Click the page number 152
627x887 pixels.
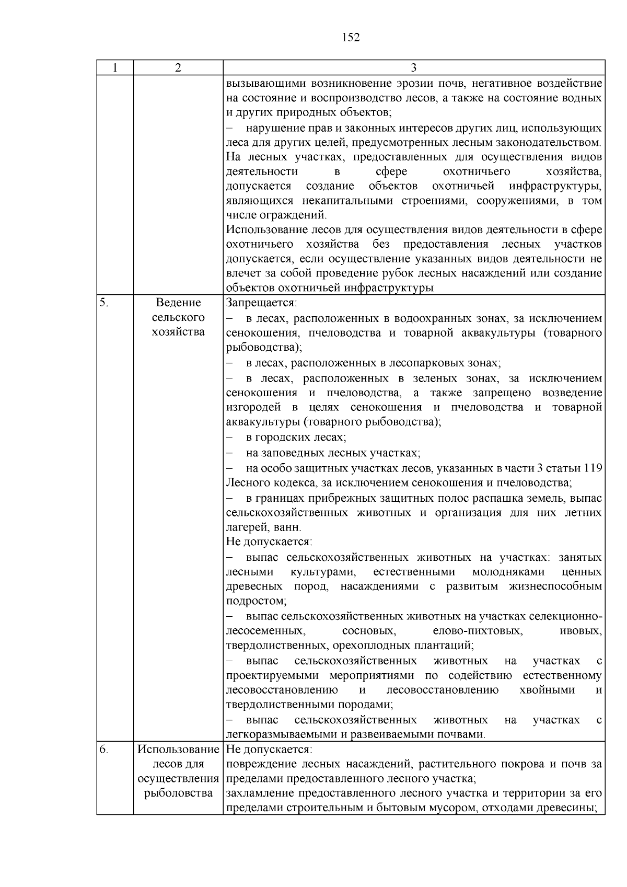(351, 38)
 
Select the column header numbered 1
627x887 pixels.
(115, 67)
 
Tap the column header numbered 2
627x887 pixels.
(178, 67)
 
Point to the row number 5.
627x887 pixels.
(104, 303)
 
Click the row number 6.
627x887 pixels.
(104, 750)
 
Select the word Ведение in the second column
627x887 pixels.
(178, 303)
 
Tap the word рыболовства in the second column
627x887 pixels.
(178, 793)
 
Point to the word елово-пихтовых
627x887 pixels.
(478, 631)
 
